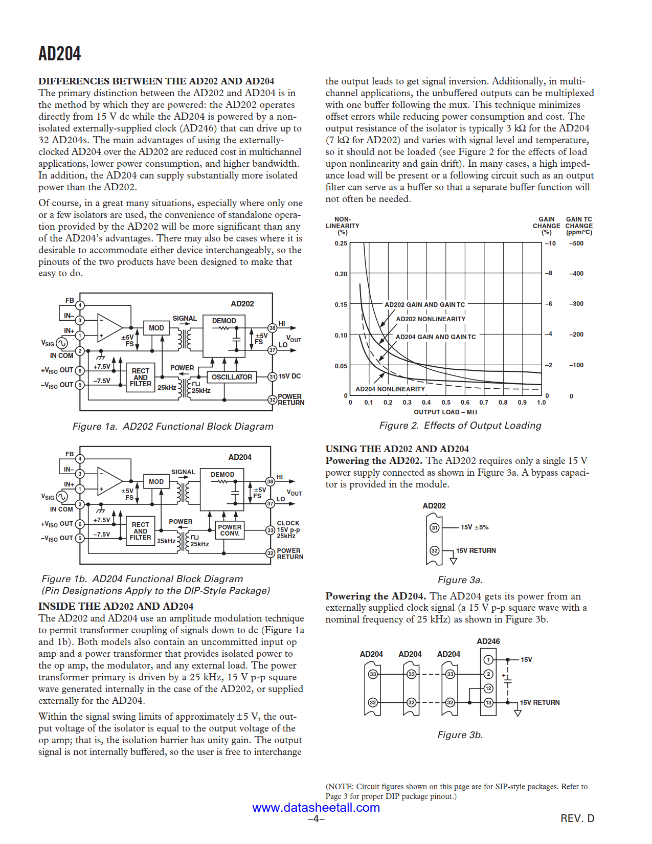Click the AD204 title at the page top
coord(59,54)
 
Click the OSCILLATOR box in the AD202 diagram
coord(232,377)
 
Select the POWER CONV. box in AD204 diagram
coord(230,530)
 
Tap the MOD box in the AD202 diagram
coord(156,328)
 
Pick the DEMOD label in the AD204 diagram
coord(222,475)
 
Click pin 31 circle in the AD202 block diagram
coord(273,376)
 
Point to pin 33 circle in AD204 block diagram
coord(271,530)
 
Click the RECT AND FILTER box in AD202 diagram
coord(141,377)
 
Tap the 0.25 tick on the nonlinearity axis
coord(341,243)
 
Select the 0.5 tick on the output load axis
coord(446,403)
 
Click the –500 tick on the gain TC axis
coord(576,243)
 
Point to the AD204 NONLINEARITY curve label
coord(390,389)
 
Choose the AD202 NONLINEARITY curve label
coord(431,319)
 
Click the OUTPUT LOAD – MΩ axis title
coord(445,412)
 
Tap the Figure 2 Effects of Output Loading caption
coord(460,426)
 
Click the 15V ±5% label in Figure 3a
coord(475,527)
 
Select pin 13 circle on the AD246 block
coord(488,702)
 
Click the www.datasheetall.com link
coord(316,808)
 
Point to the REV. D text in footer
coord(577,818)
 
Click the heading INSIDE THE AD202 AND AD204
coord(116,607)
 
